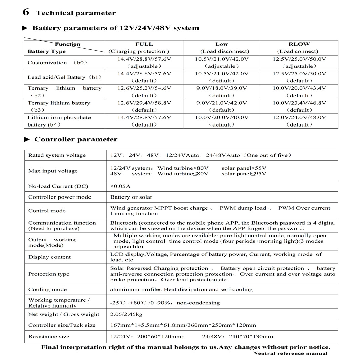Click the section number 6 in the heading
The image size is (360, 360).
click(26, 12)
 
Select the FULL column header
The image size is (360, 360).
click(144, 44)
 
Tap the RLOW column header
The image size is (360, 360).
click(299, 44)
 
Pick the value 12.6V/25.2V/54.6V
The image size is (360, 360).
click(144, 88)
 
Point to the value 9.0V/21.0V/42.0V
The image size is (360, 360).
click(221, 103)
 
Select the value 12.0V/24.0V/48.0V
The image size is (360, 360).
click(299, 117)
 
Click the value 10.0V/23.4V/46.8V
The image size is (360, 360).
click(299, 103)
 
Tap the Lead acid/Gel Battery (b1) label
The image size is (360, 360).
click(64, 77)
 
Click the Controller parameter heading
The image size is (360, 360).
click(76, 139)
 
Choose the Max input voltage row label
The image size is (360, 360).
click(53, 171)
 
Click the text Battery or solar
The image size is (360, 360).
click(131, 197)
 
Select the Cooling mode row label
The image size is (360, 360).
click(47, 289)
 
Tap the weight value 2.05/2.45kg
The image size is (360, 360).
click(127, 314)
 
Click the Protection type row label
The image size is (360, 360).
click(49, 274)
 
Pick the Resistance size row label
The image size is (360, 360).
click(49, 337)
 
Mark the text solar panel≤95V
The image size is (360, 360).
click(244, 174)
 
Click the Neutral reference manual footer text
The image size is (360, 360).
click(290, 353)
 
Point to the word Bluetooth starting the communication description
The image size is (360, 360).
click(123, 223)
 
